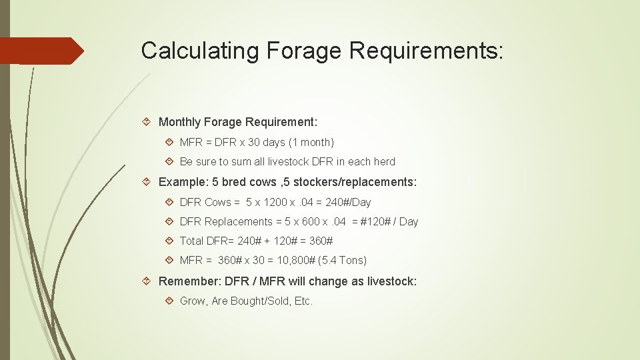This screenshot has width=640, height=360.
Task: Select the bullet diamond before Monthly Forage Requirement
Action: click(x=148, y=122)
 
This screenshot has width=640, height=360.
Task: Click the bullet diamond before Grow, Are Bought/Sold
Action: click(x=169, y=301)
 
